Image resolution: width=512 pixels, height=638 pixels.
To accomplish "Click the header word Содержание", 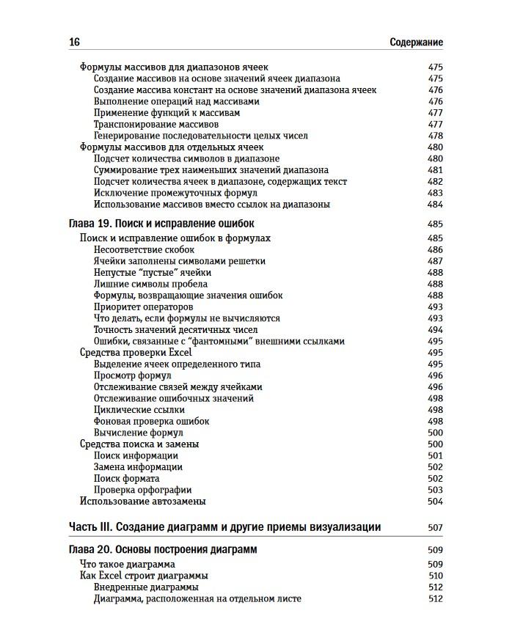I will [x=416, y=43].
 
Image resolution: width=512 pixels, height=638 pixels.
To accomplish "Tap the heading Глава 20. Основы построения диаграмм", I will [x=162, y=549].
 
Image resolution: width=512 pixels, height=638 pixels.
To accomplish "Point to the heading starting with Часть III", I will [x=224, y=527].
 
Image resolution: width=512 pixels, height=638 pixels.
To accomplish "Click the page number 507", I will [x=435, y=527].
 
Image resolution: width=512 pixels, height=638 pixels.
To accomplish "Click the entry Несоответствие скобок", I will [x=144, y=250].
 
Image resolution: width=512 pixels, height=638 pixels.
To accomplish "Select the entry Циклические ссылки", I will [x=139, y=410].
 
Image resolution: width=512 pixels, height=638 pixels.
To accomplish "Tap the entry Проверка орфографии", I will [x=142, y=490].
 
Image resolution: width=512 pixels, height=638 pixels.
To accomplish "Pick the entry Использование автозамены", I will [x=142, y=502].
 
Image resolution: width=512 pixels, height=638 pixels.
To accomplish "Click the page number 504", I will [x=435, y=502].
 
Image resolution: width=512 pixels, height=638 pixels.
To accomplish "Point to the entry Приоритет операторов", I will [x=143, y=307].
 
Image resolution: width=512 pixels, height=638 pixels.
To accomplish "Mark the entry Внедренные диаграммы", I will [x=146, y=587].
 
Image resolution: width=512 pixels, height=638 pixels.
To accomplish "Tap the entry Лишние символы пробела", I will [x=150, y=284].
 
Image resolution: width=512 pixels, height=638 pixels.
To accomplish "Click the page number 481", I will [x=435, y=170].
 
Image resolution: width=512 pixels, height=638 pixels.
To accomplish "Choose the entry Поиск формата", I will [x=127, y=478].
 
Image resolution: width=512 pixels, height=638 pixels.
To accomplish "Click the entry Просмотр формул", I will [x=132, y=375].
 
